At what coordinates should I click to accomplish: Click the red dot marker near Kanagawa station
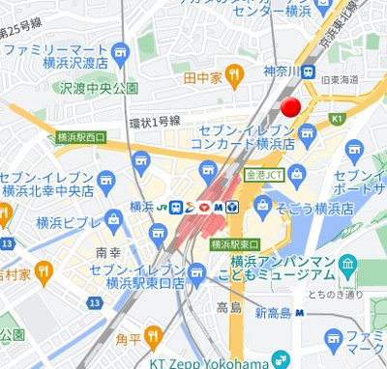point(290,107)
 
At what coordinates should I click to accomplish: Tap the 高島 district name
point(228,307)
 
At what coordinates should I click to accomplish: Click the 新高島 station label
point(273,313)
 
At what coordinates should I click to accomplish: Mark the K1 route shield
point(337,119)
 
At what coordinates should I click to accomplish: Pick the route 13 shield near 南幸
point(94,302)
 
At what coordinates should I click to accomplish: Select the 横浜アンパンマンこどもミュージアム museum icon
point(349,264)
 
